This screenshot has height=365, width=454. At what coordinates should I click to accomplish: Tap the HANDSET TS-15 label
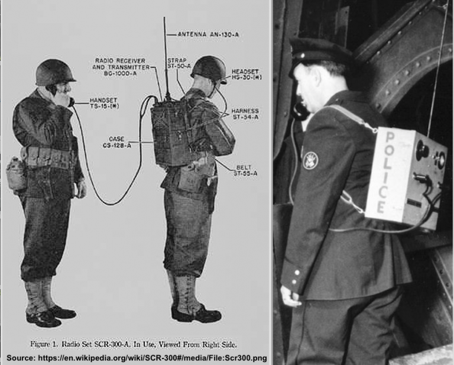(104, 103)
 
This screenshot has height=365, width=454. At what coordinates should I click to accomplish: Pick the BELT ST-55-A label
(244, 171)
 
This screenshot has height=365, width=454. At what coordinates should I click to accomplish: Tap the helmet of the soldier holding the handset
(54, 72)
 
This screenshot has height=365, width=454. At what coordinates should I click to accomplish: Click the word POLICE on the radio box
(381, 172)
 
